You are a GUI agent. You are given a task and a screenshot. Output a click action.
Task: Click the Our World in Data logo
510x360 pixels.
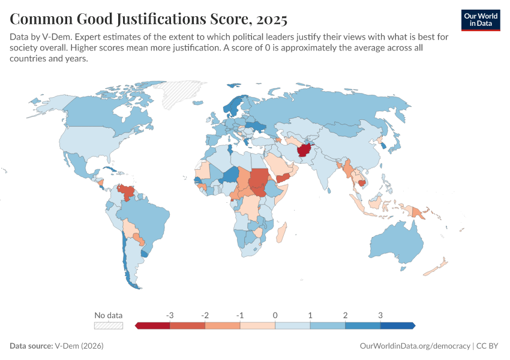pos(480,20)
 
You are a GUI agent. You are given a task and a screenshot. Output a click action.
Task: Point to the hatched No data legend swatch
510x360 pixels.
pos(109,325)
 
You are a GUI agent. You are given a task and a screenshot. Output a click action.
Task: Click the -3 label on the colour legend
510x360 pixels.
pos(170,315)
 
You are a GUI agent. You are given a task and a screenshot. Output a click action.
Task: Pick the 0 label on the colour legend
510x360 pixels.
pos(275,315)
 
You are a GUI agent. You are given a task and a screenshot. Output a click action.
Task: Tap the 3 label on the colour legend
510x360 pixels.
pos(380,315)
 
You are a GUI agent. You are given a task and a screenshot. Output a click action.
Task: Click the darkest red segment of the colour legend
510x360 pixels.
pos(154,325)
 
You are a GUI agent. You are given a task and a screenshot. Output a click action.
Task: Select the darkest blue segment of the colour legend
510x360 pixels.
pos(397,325)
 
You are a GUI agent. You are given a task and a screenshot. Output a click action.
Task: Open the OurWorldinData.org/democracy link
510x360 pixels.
pos(415,346)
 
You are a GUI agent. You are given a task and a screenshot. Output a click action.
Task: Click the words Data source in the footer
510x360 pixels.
pos(31,346)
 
